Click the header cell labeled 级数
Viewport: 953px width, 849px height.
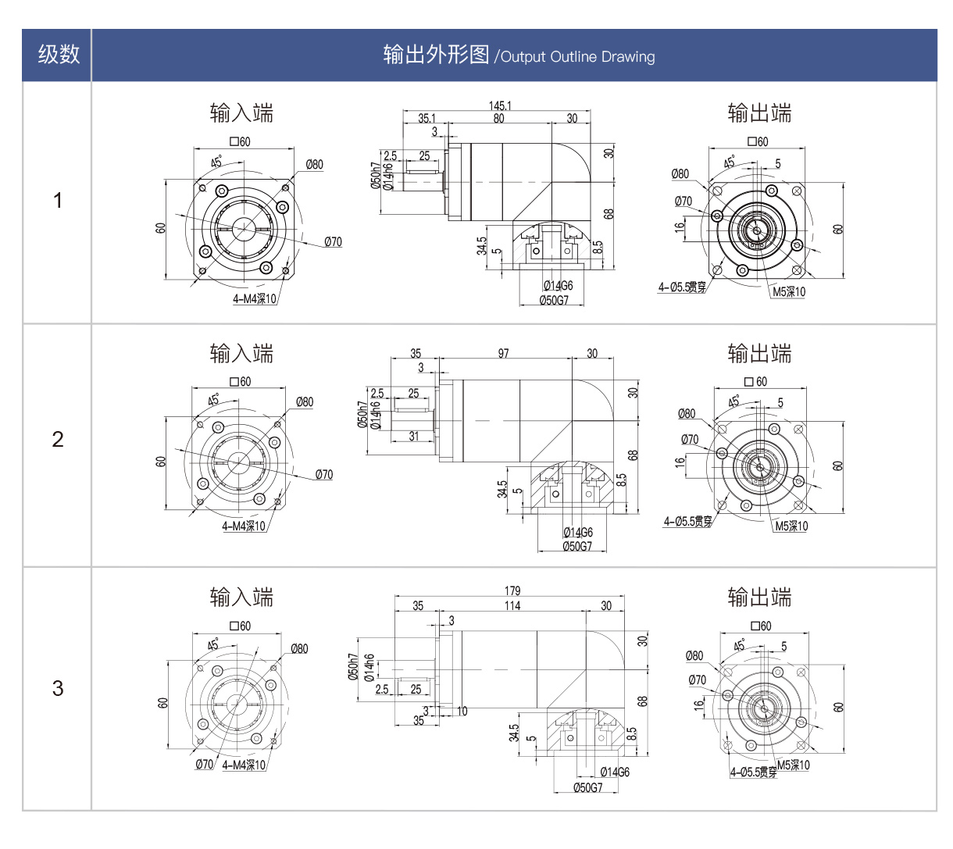pyautogui.click(x=58, y=55)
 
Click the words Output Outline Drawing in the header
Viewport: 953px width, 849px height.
pyautogui.click(x=577, y=57)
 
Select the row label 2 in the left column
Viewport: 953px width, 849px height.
pyautogui.click(x=58, y=439)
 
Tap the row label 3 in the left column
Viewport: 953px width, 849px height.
pyautogui.click(x=58, y=688)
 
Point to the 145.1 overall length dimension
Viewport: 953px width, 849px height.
pyautogui.click(x=500, y=105)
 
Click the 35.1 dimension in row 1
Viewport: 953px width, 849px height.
pyautogui.click(x=427, y=119)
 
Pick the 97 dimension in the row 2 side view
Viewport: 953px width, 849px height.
pyautogui.click(x=503, y=354)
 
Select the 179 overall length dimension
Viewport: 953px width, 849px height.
pyautogui.click(x=512, y=591)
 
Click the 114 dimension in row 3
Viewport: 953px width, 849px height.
pyautogui.click(x=512, y=606)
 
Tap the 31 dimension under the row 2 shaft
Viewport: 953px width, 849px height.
pyautogui.click(x=414, y=437)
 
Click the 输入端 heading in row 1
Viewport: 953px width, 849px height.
pyautogui.click(x=241, y=114)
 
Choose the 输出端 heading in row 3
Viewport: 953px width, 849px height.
pyautogui.click(x=759, y=598)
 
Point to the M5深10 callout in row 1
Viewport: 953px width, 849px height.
pyautogui.click(x=789, y=292)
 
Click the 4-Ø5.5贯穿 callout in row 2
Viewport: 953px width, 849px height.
pyautogui.click(x=688, y=522)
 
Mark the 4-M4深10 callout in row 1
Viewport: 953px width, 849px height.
pyautogui.click(x=255, y=299)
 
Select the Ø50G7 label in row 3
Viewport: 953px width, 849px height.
pyautogui.click(x=587, y=787)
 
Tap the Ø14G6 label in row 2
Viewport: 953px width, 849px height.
pyautogui.click(x=578, y=533)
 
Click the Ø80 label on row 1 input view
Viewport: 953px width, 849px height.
pyautogui.click(x=314, y=165)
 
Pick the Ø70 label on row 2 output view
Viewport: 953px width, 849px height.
pyautogui.click(x=690, y=440)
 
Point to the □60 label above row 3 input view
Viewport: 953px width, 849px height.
pyautogui.click(x=241, y=626)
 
